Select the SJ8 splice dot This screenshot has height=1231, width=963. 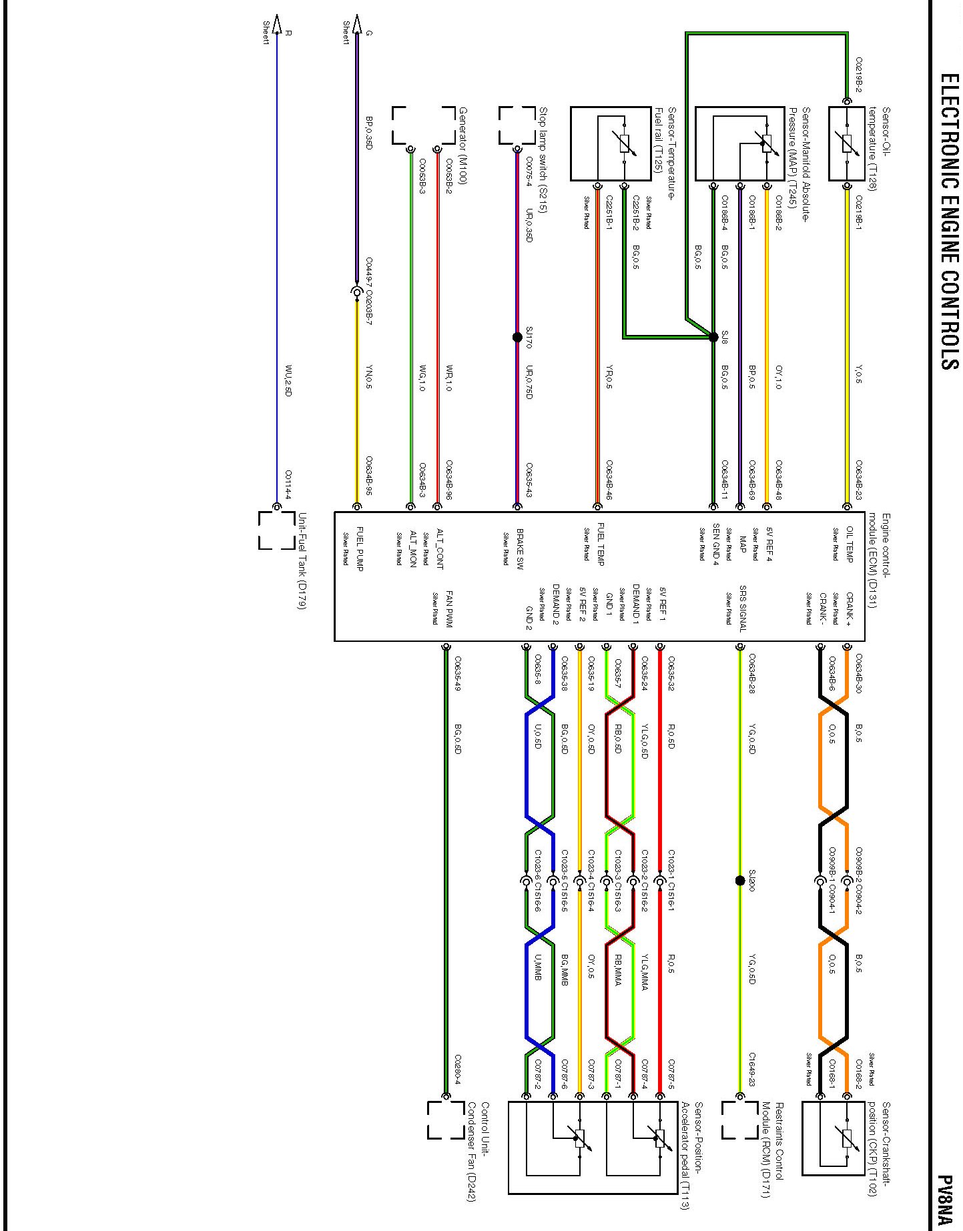tap(714, 337)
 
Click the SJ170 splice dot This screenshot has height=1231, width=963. tap(517, 337)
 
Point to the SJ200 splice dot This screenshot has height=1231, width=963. tap(739, 880)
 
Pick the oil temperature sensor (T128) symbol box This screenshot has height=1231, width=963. tap(847, 143)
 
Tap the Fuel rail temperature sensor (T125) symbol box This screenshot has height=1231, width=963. tap(611, 143)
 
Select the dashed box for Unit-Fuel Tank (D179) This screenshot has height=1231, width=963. tap(277, 530)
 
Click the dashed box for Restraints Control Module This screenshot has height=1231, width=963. tap(739, 1120)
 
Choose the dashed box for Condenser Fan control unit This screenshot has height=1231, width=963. tap(446, 1120)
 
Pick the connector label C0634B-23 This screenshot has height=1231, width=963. tap(859, 480)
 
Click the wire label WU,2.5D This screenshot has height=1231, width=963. tap(288, 380)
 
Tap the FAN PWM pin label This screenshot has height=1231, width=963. tap(448, 608)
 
